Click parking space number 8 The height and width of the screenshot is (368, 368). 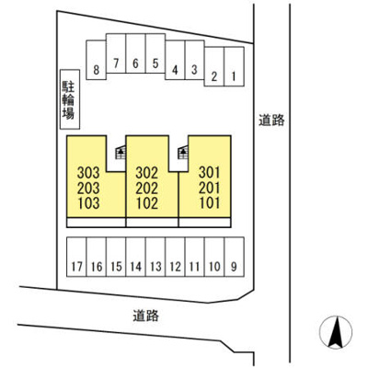[97, 60]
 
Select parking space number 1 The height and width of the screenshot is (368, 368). [234, 66]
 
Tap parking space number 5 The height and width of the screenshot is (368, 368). [155, 53]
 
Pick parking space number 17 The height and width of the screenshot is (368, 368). [76, 257]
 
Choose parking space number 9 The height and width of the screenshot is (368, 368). [235, 257]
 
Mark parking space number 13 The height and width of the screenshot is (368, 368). [155, 257]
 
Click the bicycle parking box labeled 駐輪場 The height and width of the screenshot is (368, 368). [70, 99]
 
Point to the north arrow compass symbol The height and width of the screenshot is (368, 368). [336, 332]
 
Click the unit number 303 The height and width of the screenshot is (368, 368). [88, 173]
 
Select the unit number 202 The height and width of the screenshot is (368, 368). [147, 188]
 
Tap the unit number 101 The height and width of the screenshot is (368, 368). [210, 203]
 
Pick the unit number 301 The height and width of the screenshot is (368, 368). [210, 173]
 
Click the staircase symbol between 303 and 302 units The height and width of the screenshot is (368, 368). [121, 152]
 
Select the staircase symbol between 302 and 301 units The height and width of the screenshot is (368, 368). [183, 152]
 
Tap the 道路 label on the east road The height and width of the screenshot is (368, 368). [271, 120]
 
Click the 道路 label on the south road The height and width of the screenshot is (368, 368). [146, 316]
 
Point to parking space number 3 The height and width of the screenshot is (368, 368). [195, 60]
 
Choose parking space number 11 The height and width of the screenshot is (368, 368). [195, 257]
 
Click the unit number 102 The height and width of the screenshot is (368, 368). [147, 203]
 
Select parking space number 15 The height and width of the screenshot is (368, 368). [116, 257]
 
